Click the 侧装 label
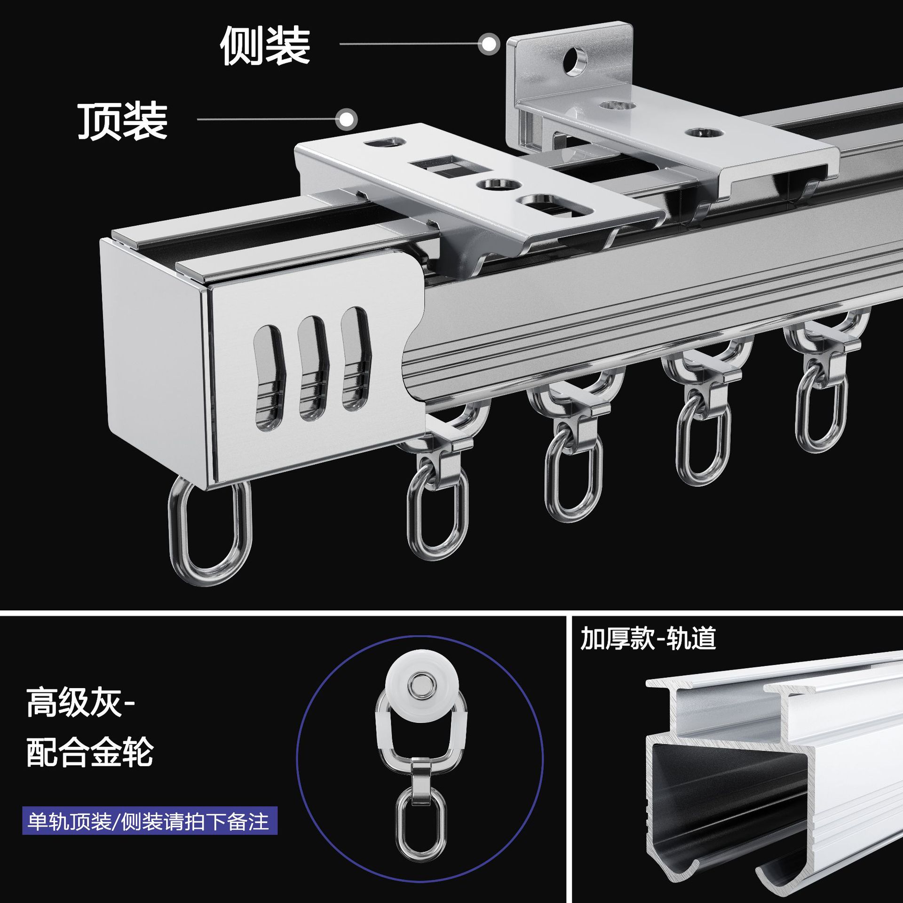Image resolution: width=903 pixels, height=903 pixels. [265, 46]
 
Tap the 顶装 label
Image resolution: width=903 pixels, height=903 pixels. [123, 121]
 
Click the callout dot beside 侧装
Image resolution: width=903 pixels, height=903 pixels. [489, 44]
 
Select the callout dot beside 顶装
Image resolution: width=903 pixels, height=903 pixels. [347, 119]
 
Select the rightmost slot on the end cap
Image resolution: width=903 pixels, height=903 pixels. [356, 357]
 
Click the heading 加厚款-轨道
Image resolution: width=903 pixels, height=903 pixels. [648, 639]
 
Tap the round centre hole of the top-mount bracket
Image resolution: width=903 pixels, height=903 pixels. [493, 183]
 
